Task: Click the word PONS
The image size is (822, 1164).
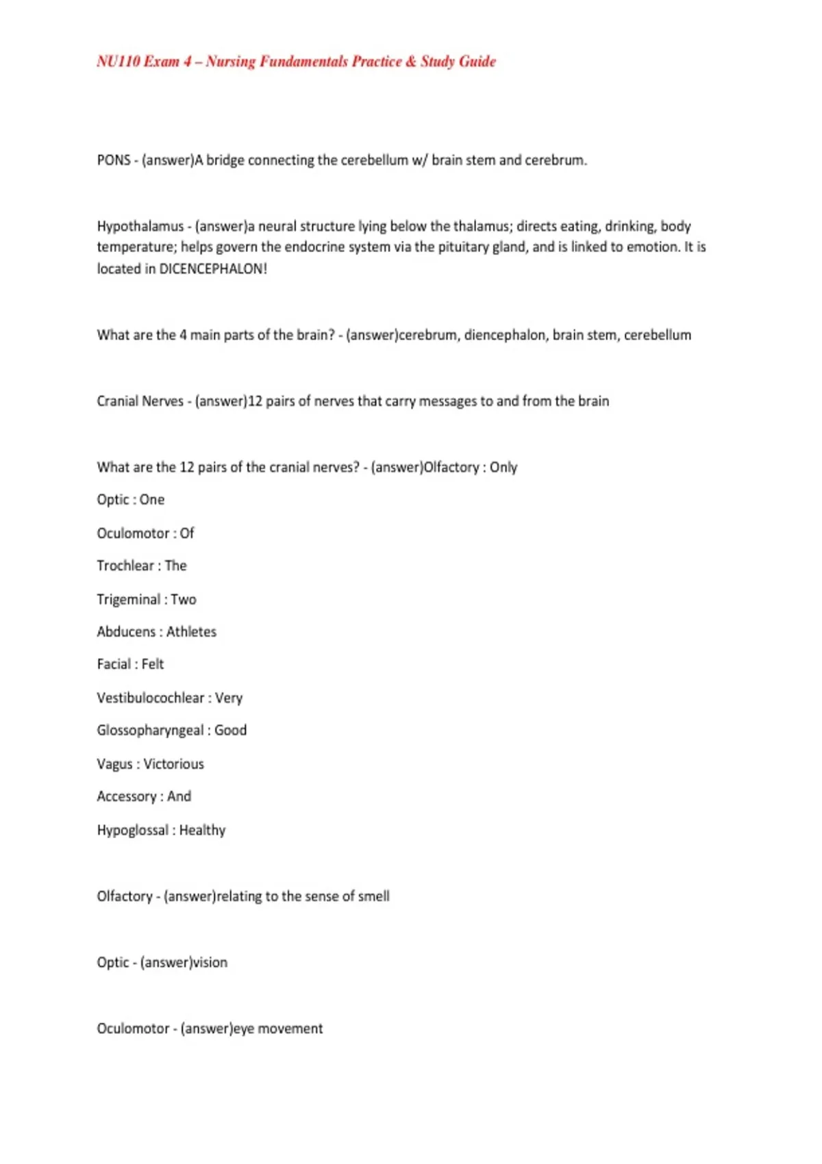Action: coord(114,160)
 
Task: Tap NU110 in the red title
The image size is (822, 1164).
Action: coord(119,62)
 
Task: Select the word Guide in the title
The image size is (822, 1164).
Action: coord(477,62)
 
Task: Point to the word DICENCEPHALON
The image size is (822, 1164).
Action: coord(212,269)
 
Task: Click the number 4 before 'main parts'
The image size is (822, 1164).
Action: coord(183,336)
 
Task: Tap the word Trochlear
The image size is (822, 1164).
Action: coord(125,566)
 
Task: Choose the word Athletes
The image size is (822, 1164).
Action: coord(191,632)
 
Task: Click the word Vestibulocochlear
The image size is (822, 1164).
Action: coord(151,698)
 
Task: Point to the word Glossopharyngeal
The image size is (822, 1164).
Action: coord(150,731)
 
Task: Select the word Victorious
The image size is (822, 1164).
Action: coord(173,764)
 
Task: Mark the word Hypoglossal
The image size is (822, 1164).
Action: coord(133,831)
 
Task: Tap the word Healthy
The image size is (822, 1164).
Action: coord(202,831)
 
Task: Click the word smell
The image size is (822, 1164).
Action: coord(373,896)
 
